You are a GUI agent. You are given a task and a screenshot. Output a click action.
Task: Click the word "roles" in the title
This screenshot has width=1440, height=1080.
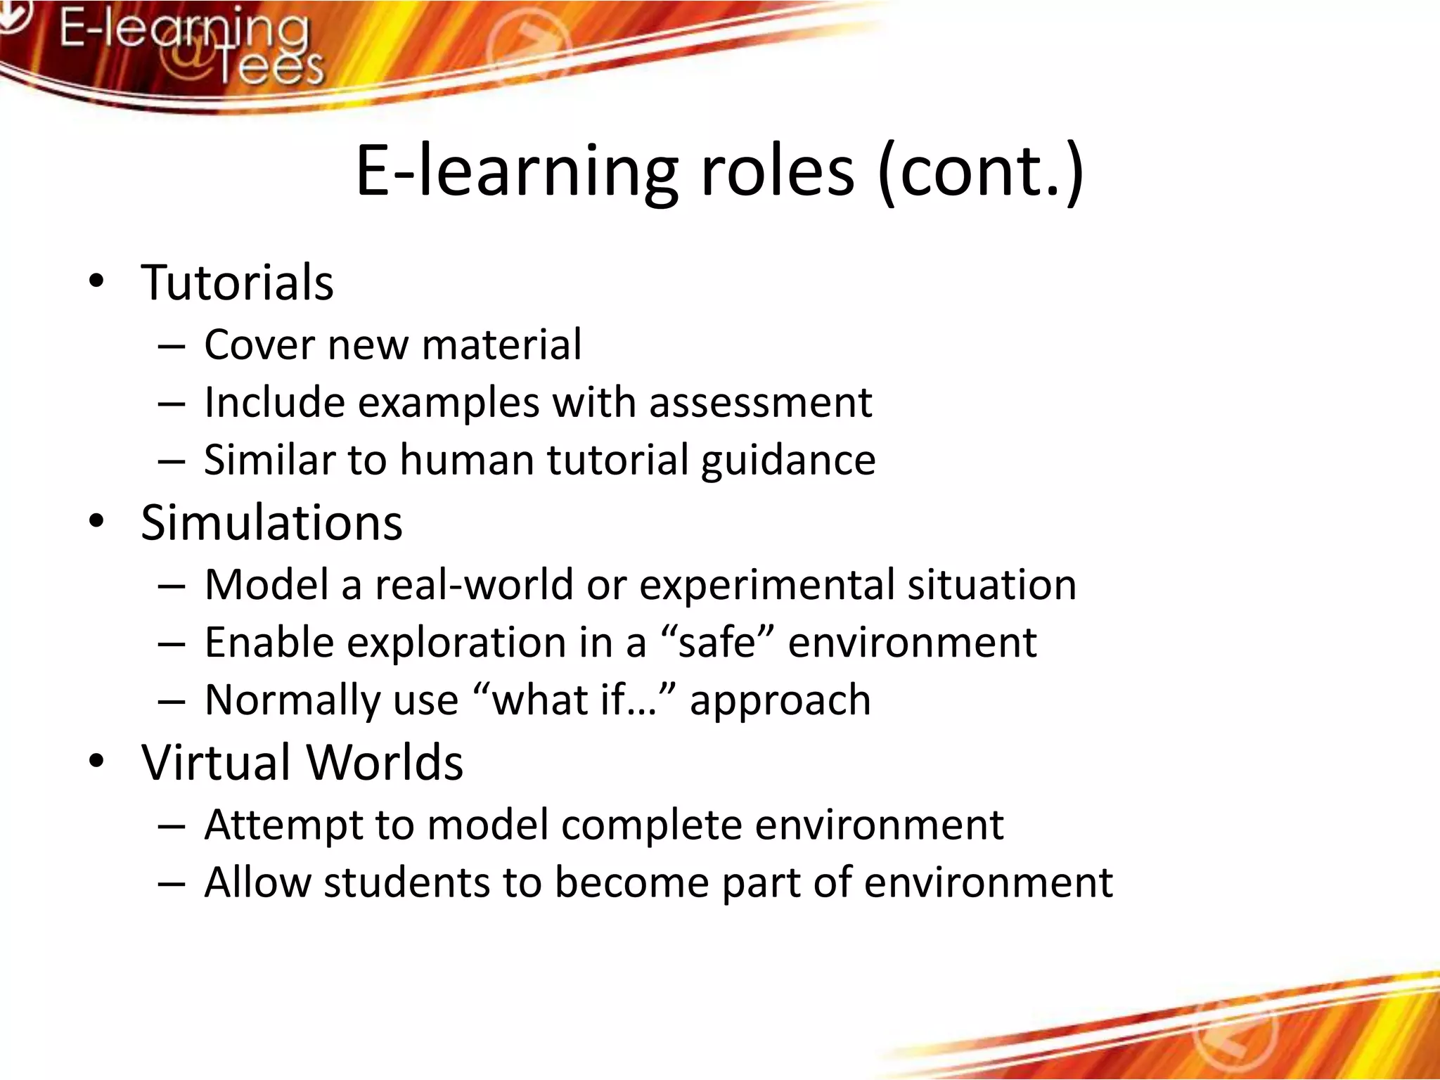(777, 171)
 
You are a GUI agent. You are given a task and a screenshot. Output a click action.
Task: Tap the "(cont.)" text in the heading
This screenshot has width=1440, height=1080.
(981, 172)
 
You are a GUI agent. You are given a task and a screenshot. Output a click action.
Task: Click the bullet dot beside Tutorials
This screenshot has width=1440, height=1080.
(96, 282)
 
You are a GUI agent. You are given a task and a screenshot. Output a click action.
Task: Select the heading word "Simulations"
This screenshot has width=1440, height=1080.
(271, 523)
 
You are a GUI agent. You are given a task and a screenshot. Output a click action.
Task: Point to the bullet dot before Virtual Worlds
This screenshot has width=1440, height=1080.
(96, 761)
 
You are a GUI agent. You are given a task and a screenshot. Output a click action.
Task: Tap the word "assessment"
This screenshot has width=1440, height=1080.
(760, 403)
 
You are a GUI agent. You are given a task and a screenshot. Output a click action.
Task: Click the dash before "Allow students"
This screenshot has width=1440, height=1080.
(172, 884)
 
